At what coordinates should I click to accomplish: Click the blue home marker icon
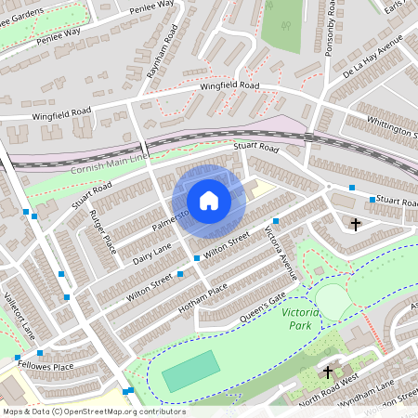click(209, 201)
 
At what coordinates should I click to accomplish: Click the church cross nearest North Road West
click(327, 372)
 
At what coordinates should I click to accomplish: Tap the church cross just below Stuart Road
click(354, 224)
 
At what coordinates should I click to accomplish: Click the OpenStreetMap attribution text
click(93, 411)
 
